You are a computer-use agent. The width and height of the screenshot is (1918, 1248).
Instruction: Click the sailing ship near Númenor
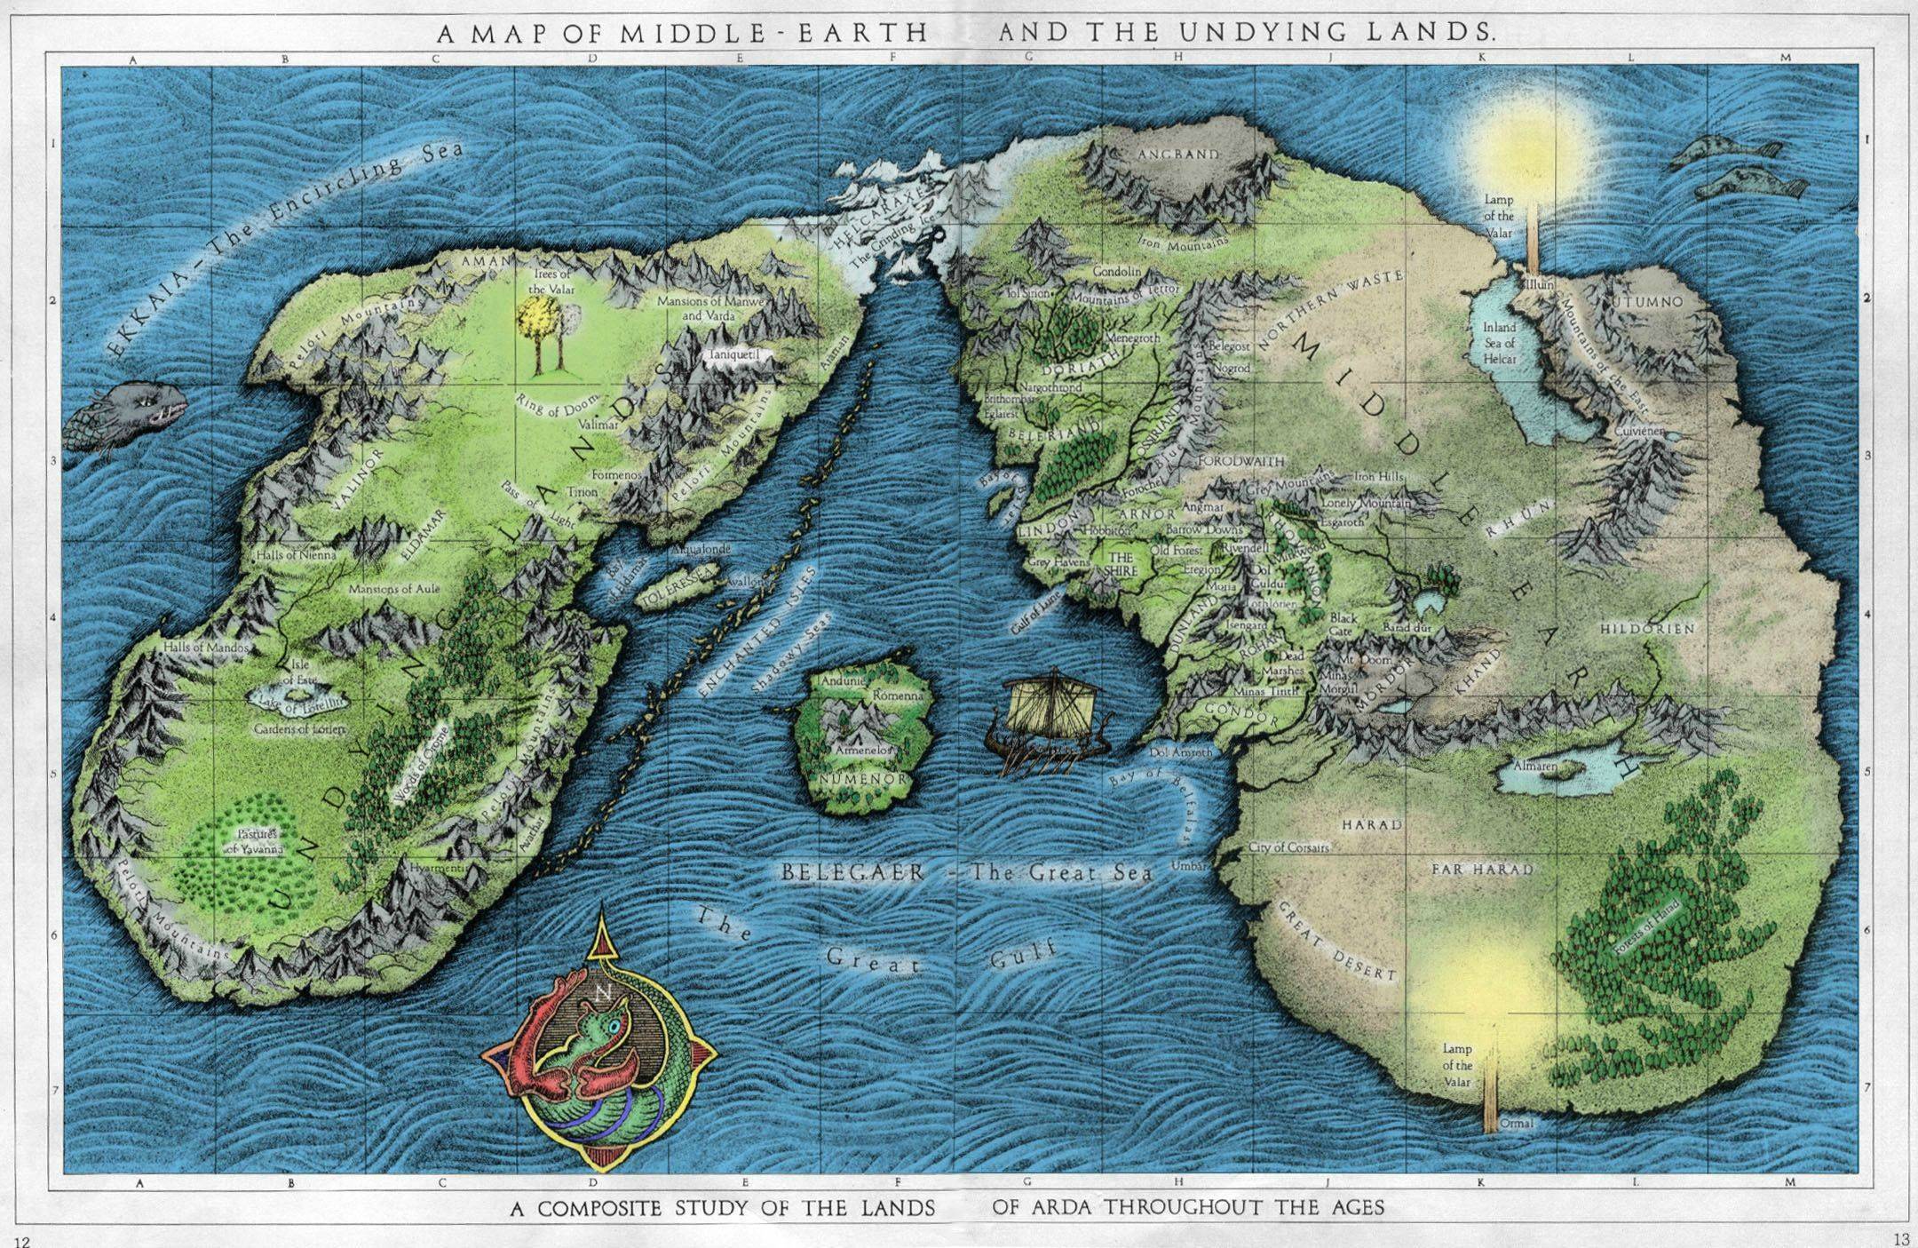1048,724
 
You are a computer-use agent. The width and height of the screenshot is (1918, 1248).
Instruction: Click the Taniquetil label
734,354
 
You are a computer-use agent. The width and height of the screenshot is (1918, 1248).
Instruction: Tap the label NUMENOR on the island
862,779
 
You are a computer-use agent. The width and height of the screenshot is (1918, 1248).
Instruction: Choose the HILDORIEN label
1647,628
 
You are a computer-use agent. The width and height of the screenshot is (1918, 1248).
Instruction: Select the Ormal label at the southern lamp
1517,1124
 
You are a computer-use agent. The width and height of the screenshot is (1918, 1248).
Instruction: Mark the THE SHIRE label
1120,565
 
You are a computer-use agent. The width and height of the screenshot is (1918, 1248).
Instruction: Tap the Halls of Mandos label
206,648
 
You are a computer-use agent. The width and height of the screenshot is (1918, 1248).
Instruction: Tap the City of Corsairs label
1289,847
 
